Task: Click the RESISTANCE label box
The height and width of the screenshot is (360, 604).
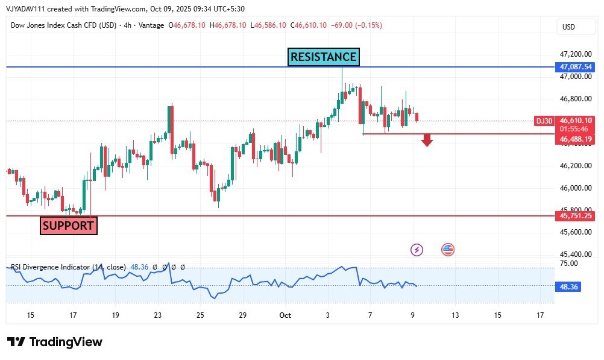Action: (324, 57)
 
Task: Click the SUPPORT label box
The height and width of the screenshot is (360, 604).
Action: (68, 226)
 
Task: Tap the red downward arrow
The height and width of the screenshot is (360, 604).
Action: (427, 141)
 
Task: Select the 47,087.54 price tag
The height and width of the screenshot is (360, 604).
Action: (575, 67)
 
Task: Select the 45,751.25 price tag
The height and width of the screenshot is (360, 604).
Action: (575, 216)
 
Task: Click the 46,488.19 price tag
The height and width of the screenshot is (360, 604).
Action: (575, 139)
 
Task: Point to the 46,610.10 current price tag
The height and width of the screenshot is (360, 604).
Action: (575, 121)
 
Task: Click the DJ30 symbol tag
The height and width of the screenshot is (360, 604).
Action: (544, 121)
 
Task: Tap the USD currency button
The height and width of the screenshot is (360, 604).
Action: (568, 27)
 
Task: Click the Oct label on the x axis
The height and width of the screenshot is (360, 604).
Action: (285, 315)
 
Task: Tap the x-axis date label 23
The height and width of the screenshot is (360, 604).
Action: (158, 315)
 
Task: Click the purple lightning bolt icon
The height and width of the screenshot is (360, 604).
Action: (416, 250)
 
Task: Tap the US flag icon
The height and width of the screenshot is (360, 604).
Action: (448, 249)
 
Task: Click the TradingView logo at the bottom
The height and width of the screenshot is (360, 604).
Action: (55, 342)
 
